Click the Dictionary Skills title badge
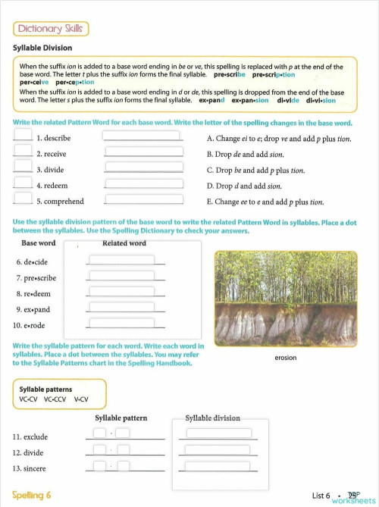point(51,29)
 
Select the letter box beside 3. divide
point(23,168)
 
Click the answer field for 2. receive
point(143,152)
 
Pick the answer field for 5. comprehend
point(143,201)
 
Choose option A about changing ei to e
point(278,139)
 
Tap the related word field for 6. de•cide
point(121,260)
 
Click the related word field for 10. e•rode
point(121,324)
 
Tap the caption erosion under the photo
point(285,357)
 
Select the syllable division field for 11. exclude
point(217,434)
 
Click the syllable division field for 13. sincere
point(217,466)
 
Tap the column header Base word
point(38,243)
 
